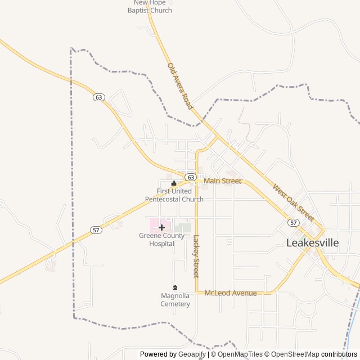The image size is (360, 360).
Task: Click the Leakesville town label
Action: [321, 244]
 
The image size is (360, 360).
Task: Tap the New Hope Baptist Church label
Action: [149, 7]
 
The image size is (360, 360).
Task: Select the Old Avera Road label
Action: [180, 86]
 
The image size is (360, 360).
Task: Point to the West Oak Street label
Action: [293, 202]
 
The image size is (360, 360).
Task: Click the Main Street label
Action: [222, 181]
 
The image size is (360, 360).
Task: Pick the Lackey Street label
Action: [196, 256]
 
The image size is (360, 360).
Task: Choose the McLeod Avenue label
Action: [231, 293]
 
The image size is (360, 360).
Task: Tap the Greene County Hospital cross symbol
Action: [162, 227]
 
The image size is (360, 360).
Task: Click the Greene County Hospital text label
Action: [162, 240]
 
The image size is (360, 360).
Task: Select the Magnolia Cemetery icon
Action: [175, 287]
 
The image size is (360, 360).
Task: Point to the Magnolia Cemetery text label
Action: [175, 300]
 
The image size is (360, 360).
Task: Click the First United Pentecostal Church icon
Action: [174, 183]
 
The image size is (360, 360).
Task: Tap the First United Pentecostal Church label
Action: [174, 195]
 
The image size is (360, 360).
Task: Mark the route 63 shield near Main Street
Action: [191, 177]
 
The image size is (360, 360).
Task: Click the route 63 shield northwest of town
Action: [99, 97]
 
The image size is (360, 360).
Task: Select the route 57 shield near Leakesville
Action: [293, 223]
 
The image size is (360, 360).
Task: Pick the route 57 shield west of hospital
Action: [96, 230]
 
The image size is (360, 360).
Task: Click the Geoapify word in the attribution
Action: [192, 354]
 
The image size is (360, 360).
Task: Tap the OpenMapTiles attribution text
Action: [240, 354]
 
